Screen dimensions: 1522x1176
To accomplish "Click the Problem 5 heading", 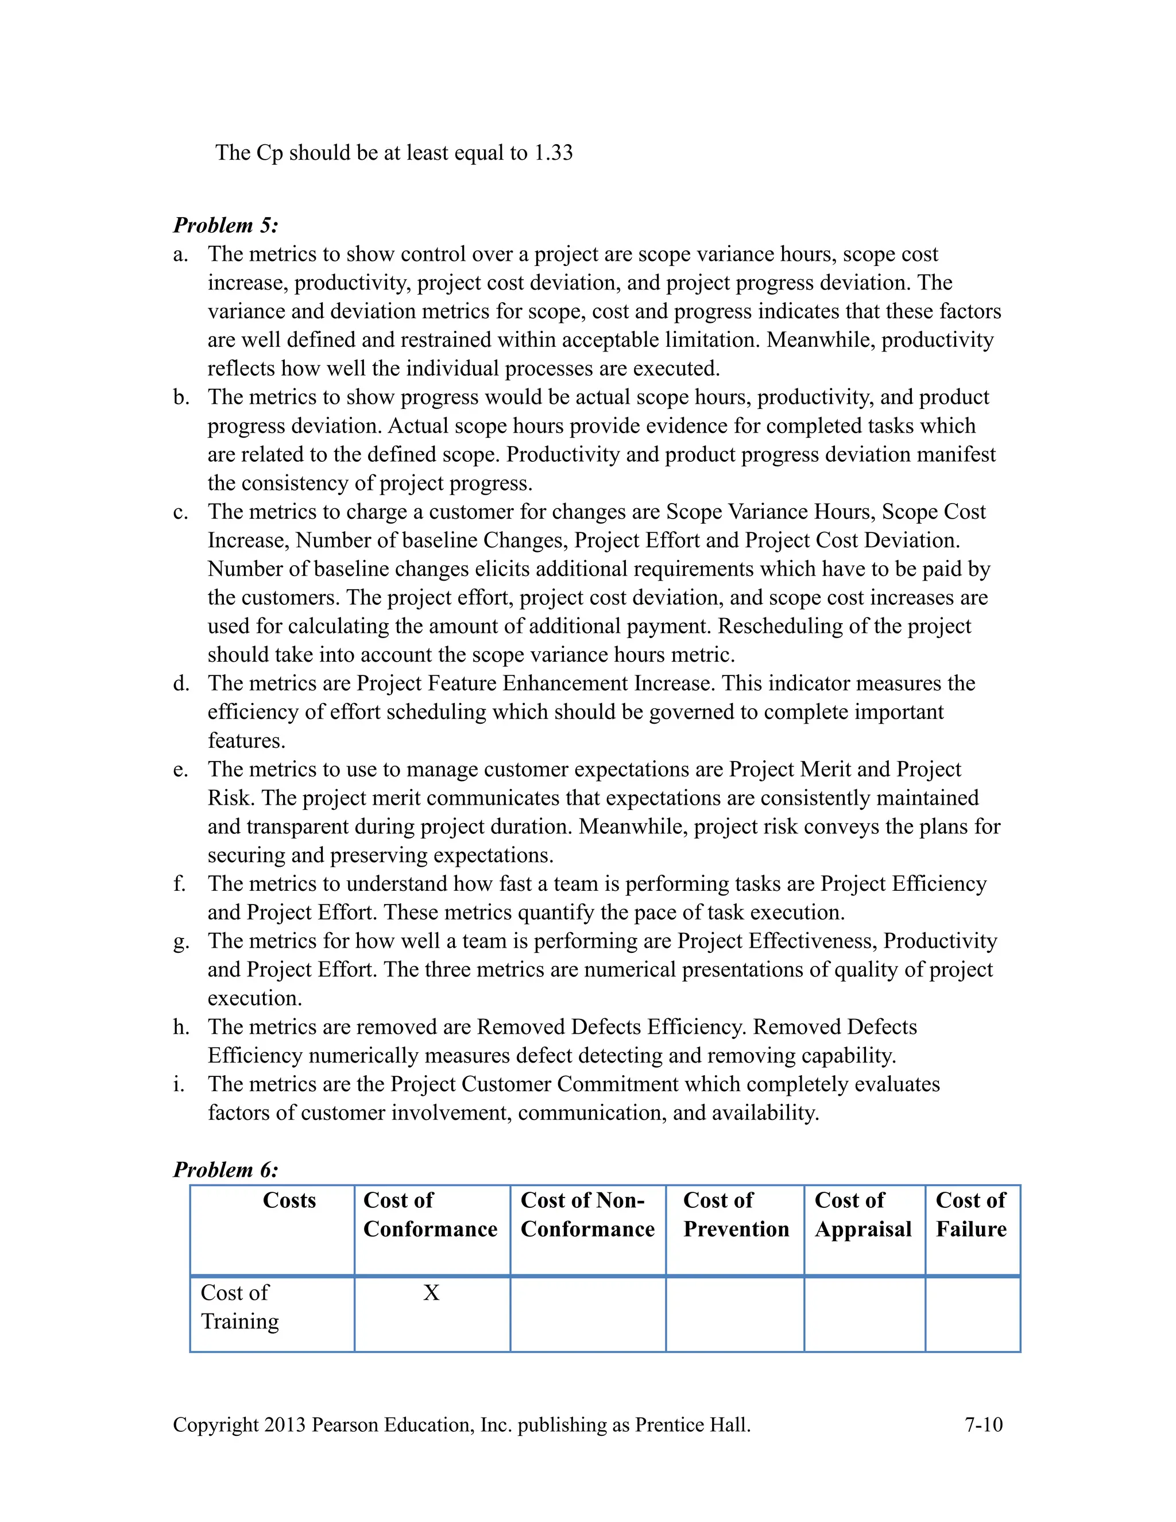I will pos(226,225).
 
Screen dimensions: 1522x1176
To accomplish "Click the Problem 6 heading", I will pos(226,1169).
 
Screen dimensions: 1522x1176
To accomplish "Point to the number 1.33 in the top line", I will pos(553,153).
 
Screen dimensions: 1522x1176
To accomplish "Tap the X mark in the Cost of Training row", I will pos(431,1293).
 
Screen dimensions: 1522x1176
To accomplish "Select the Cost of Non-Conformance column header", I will pos(587,1215).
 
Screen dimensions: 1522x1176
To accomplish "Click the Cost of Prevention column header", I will pos(736,1215).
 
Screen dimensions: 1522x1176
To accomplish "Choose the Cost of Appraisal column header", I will pos(863,1215).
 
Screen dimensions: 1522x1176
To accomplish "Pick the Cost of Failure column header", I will pos(971,1215).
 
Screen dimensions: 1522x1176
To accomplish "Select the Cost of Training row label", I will pos(239,1307).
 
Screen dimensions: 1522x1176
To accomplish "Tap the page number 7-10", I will pos(983,1424).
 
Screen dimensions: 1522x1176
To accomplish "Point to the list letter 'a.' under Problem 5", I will pos(181,254).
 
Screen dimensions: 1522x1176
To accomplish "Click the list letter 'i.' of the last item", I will pos(179,1084).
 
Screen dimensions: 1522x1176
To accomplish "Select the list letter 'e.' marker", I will pos(181,770).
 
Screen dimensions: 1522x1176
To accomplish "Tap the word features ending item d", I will pos(246,741).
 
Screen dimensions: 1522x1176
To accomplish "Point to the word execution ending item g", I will pos(254,999).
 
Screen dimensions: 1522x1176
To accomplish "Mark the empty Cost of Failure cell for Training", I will pos(973,1314).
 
